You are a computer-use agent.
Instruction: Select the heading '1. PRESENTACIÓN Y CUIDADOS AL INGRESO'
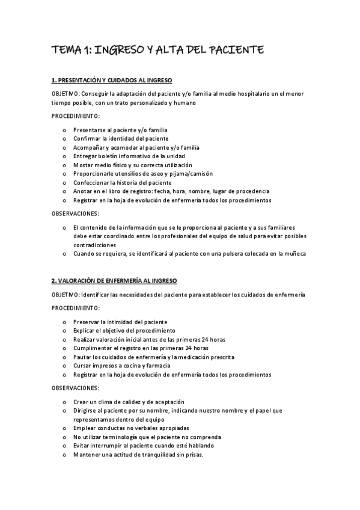point(112,80)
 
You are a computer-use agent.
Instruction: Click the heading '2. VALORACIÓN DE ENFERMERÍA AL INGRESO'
point(114,281)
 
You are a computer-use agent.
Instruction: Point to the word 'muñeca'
point(294,254)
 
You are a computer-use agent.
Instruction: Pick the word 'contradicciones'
point(94,245)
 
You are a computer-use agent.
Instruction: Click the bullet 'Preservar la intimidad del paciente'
point(120,322)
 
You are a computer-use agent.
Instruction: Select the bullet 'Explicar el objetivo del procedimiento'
point(124,330)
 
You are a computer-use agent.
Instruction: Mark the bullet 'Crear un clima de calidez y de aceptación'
point(129,402)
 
